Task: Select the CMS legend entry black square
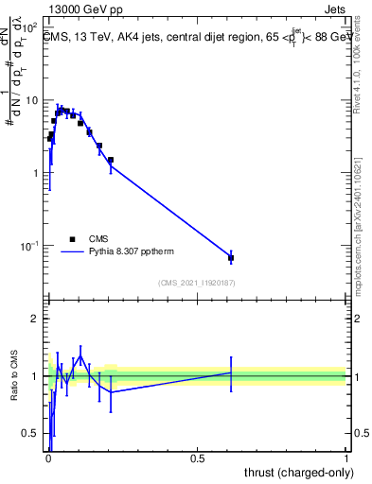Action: point(72,239)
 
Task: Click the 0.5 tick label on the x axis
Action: point(198,458)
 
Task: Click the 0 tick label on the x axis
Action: point(48,458)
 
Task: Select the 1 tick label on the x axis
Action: point(346,458)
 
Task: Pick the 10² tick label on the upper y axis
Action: point(32,27)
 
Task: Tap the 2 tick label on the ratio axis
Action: point(35,320)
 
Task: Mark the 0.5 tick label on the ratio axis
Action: point(31,435)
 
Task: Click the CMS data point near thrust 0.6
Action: point(231,257)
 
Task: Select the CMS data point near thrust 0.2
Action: point(111,160)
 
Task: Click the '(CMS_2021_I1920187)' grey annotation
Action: point(197,283)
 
